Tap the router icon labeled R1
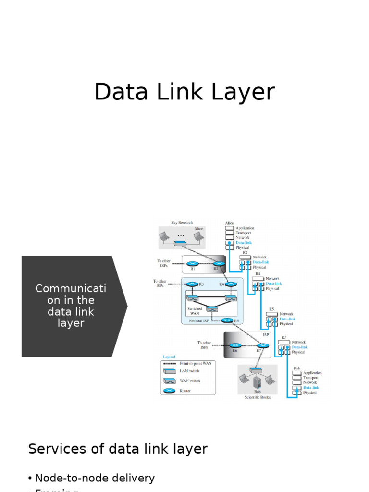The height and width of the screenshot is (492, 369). (193, 264)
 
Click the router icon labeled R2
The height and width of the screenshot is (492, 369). (219, 264)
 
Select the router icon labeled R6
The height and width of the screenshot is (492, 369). (235, 345)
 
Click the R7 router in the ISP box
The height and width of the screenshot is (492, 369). (262, 345)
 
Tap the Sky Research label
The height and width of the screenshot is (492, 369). (182, 223)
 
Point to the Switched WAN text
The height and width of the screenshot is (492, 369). (195, 311)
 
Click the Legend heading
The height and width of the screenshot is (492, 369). (169, 357)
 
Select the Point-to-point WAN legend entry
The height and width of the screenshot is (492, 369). (195, 363)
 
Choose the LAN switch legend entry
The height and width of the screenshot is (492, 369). (189, 371)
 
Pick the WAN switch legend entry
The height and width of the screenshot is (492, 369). (190, 381)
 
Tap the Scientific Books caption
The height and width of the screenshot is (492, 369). (257, 397)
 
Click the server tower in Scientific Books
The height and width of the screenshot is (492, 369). (257, 381)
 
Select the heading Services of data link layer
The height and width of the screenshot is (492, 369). (118, 449)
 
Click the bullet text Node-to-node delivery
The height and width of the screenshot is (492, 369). (95, 478)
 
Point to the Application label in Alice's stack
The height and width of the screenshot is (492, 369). (245, 228)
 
